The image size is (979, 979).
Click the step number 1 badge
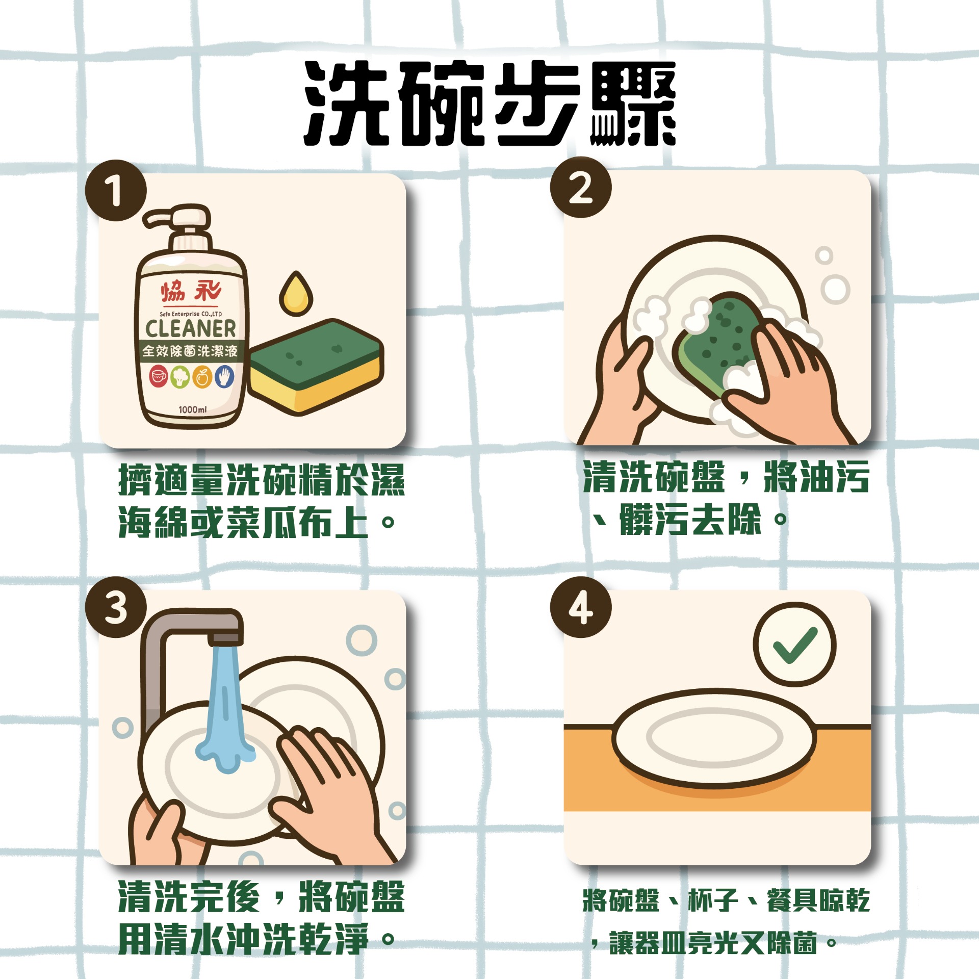(x=116, y=190)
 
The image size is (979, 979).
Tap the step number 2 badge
(x=580, y=187)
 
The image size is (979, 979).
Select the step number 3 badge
(x=116, y=607)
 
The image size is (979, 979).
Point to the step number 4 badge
(x=580, y=607)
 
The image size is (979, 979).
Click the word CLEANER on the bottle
(x=191, y=329)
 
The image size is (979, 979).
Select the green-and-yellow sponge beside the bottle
(x=316, y=367)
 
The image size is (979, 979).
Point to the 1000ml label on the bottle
(x=192, y=409)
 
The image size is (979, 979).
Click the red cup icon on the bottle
(x=158, y=377)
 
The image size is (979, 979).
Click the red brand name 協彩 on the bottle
(x=191, y=292)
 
